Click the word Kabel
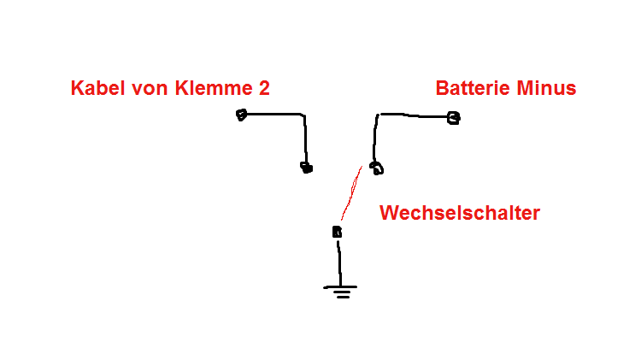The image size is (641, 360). tap(97, 88)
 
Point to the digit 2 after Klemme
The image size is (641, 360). tap(264, 88)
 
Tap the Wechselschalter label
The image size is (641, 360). tap(460, 213)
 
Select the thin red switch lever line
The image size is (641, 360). tap(350, 193)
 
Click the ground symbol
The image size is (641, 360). tap(340, 291)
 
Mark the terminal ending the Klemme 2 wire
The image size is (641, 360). tap(242, 115)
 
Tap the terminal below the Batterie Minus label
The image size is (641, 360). tap(454, 118)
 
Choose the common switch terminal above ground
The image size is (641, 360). tap(337, 232)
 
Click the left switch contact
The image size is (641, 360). tap(306, 168)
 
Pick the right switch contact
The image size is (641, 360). tap(376, 168)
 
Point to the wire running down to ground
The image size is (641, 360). tap(339, 261)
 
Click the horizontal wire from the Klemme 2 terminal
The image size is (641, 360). tap(273, 114)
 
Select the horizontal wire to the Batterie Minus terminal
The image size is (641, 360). tap(415, 115)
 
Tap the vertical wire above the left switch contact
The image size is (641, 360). tap(304, 137)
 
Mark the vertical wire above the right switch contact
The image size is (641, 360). tap(375, 137)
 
